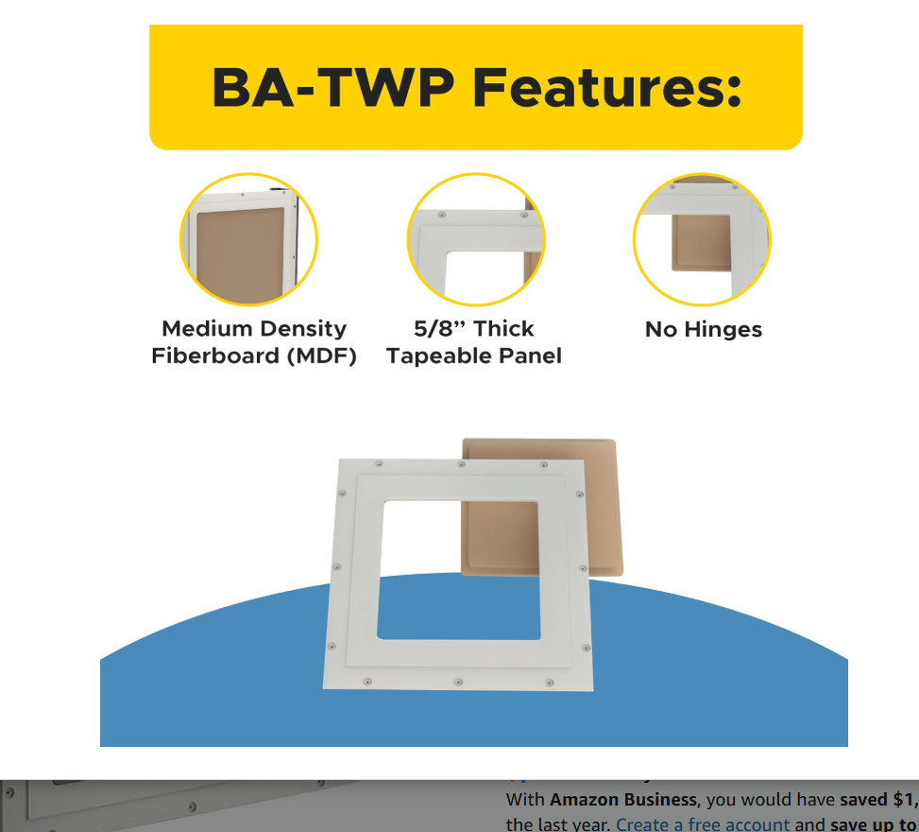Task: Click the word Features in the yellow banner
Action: pyautogui.click(x=606, y=88)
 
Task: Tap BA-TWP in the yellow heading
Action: pyautogui.click(x=332, y=88)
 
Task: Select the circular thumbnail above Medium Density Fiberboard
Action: pyautogui.click(x=248, y=240)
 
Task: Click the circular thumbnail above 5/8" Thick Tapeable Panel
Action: pyautogui.click(x=475, y=240)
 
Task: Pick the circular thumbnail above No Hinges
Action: pyautogui.click(x=702, y=240)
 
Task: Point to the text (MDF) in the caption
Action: pyautogui.click(x=322, y=356)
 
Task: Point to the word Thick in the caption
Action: pyautogui.click(x=503, y=329)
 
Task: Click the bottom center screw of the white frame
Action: pyautogui.click(x=458, y=682)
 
